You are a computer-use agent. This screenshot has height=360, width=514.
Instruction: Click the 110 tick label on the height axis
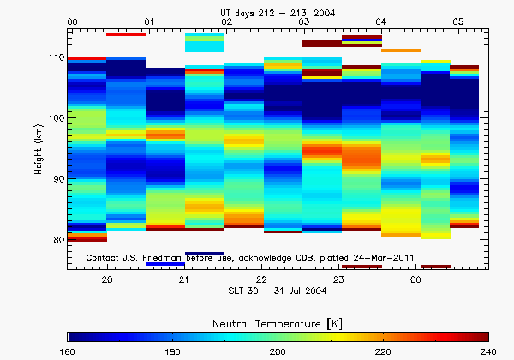56,57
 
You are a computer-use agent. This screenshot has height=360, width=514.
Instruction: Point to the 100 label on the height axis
56,118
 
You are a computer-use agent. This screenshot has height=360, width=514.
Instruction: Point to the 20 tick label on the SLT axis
106,280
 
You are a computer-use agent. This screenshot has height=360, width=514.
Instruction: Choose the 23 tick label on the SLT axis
338,280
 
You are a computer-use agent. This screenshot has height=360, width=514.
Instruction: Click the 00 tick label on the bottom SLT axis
415,280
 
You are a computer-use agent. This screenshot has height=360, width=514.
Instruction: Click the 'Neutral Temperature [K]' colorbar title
278,321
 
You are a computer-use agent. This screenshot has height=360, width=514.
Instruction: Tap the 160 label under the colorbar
69,351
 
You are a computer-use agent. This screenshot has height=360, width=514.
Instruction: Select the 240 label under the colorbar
488,351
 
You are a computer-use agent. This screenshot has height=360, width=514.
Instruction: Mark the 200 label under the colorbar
278,351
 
